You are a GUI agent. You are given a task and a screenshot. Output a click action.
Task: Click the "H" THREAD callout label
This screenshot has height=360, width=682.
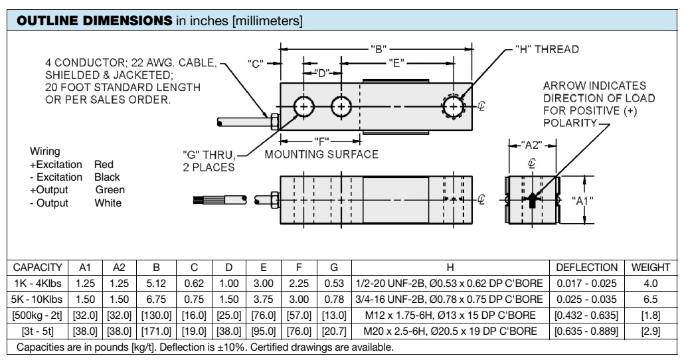point(547,49)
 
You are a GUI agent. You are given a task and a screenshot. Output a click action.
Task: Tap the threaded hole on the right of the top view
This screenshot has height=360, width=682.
point(454,106)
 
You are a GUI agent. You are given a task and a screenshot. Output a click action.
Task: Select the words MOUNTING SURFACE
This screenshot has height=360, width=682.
point(321,154)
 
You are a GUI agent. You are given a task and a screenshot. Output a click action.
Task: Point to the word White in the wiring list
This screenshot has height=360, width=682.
point(108,203)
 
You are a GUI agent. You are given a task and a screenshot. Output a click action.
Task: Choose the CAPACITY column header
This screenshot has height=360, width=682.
point(36,267)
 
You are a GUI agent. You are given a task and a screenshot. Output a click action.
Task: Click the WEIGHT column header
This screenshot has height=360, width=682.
point(650,267)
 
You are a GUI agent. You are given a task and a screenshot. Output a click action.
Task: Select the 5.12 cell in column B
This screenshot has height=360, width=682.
point(155,282)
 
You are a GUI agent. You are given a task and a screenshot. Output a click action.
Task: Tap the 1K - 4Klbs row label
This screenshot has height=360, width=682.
point(36,282)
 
